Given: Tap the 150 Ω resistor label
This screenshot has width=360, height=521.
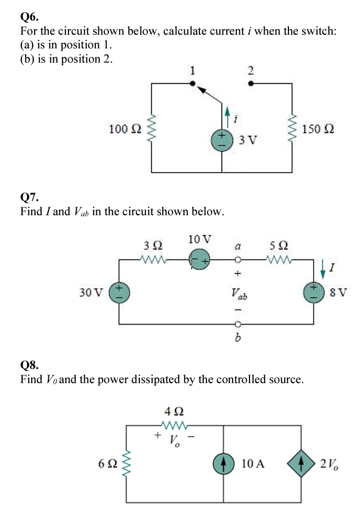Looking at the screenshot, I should click(318, 129).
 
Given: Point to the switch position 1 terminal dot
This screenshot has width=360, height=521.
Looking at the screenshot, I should click(193, 83).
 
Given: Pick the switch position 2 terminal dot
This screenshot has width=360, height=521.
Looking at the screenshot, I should click(250, 83).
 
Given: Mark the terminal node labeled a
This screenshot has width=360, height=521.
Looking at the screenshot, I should click(237, 259).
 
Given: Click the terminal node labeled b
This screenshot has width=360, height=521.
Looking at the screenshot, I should click(237, 324).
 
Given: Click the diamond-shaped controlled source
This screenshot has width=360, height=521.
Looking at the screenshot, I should click(301, 464).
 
